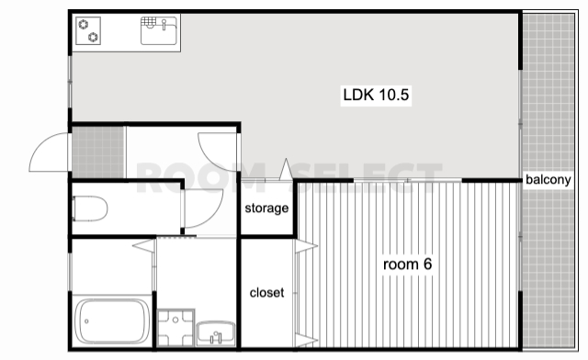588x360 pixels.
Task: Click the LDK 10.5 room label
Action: point(376,95)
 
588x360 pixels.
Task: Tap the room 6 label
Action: point(407,264)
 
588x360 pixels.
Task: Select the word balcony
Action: point(548,180)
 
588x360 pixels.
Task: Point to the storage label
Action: point(266,208)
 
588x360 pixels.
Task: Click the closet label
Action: point(266,292)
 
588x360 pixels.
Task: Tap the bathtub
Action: point(112,321)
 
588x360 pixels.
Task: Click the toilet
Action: point(90,208)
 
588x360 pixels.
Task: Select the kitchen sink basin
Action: point(159,30)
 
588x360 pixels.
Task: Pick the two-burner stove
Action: point(88,30)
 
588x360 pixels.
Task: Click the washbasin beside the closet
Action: point(216,333)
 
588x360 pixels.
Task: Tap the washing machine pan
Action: point(175,328)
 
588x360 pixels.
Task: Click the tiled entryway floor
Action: point(98,152)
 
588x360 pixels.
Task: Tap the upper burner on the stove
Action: point(84,25)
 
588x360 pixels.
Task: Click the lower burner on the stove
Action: point(93,37)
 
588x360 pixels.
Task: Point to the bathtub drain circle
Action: point(86,321)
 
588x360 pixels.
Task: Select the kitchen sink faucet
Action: point(164,25)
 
